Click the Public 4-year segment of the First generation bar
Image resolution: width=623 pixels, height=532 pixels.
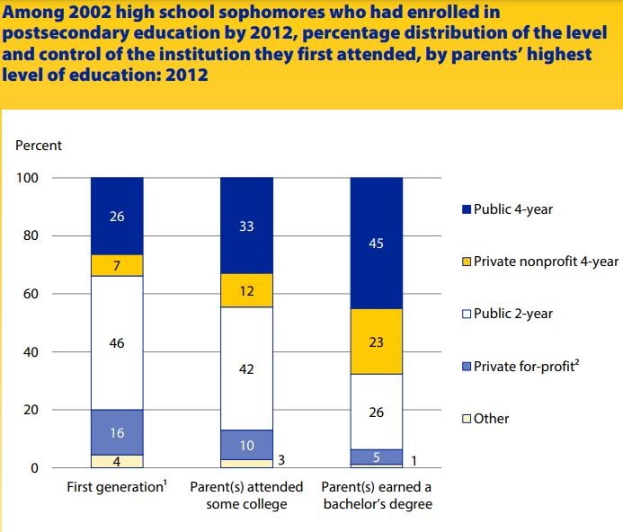[117, 216]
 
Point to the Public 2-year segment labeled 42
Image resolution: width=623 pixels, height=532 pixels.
[246, 368]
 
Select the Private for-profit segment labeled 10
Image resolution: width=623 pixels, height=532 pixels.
[246, 445]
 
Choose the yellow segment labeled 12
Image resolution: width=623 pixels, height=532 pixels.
[246, 290]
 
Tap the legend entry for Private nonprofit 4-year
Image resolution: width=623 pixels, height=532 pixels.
[538, 262]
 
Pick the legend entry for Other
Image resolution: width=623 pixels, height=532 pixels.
[491, 419]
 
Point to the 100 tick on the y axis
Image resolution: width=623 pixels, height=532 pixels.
[28, 178]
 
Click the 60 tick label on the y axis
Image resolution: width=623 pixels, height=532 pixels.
[31, 294]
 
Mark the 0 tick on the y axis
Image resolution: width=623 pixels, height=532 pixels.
[35, 468]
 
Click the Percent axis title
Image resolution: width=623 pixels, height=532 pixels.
[39, 145]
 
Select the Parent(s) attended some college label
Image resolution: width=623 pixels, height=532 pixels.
[246, 495]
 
